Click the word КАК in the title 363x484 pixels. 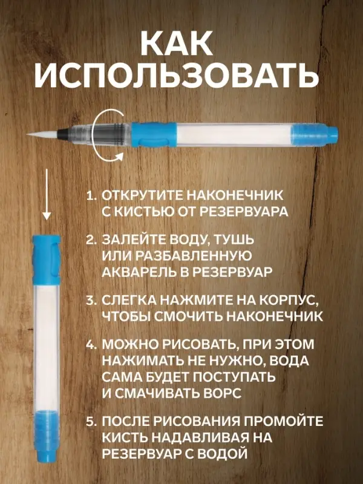point(181,44)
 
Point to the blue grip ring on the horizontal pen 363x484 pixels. point(146,132)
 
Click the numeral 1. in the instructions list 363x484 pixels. point(91,196)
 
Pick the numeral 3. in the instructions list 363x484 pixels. point(91,301)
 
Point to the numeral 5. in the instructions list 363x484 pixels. point(91,422)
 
